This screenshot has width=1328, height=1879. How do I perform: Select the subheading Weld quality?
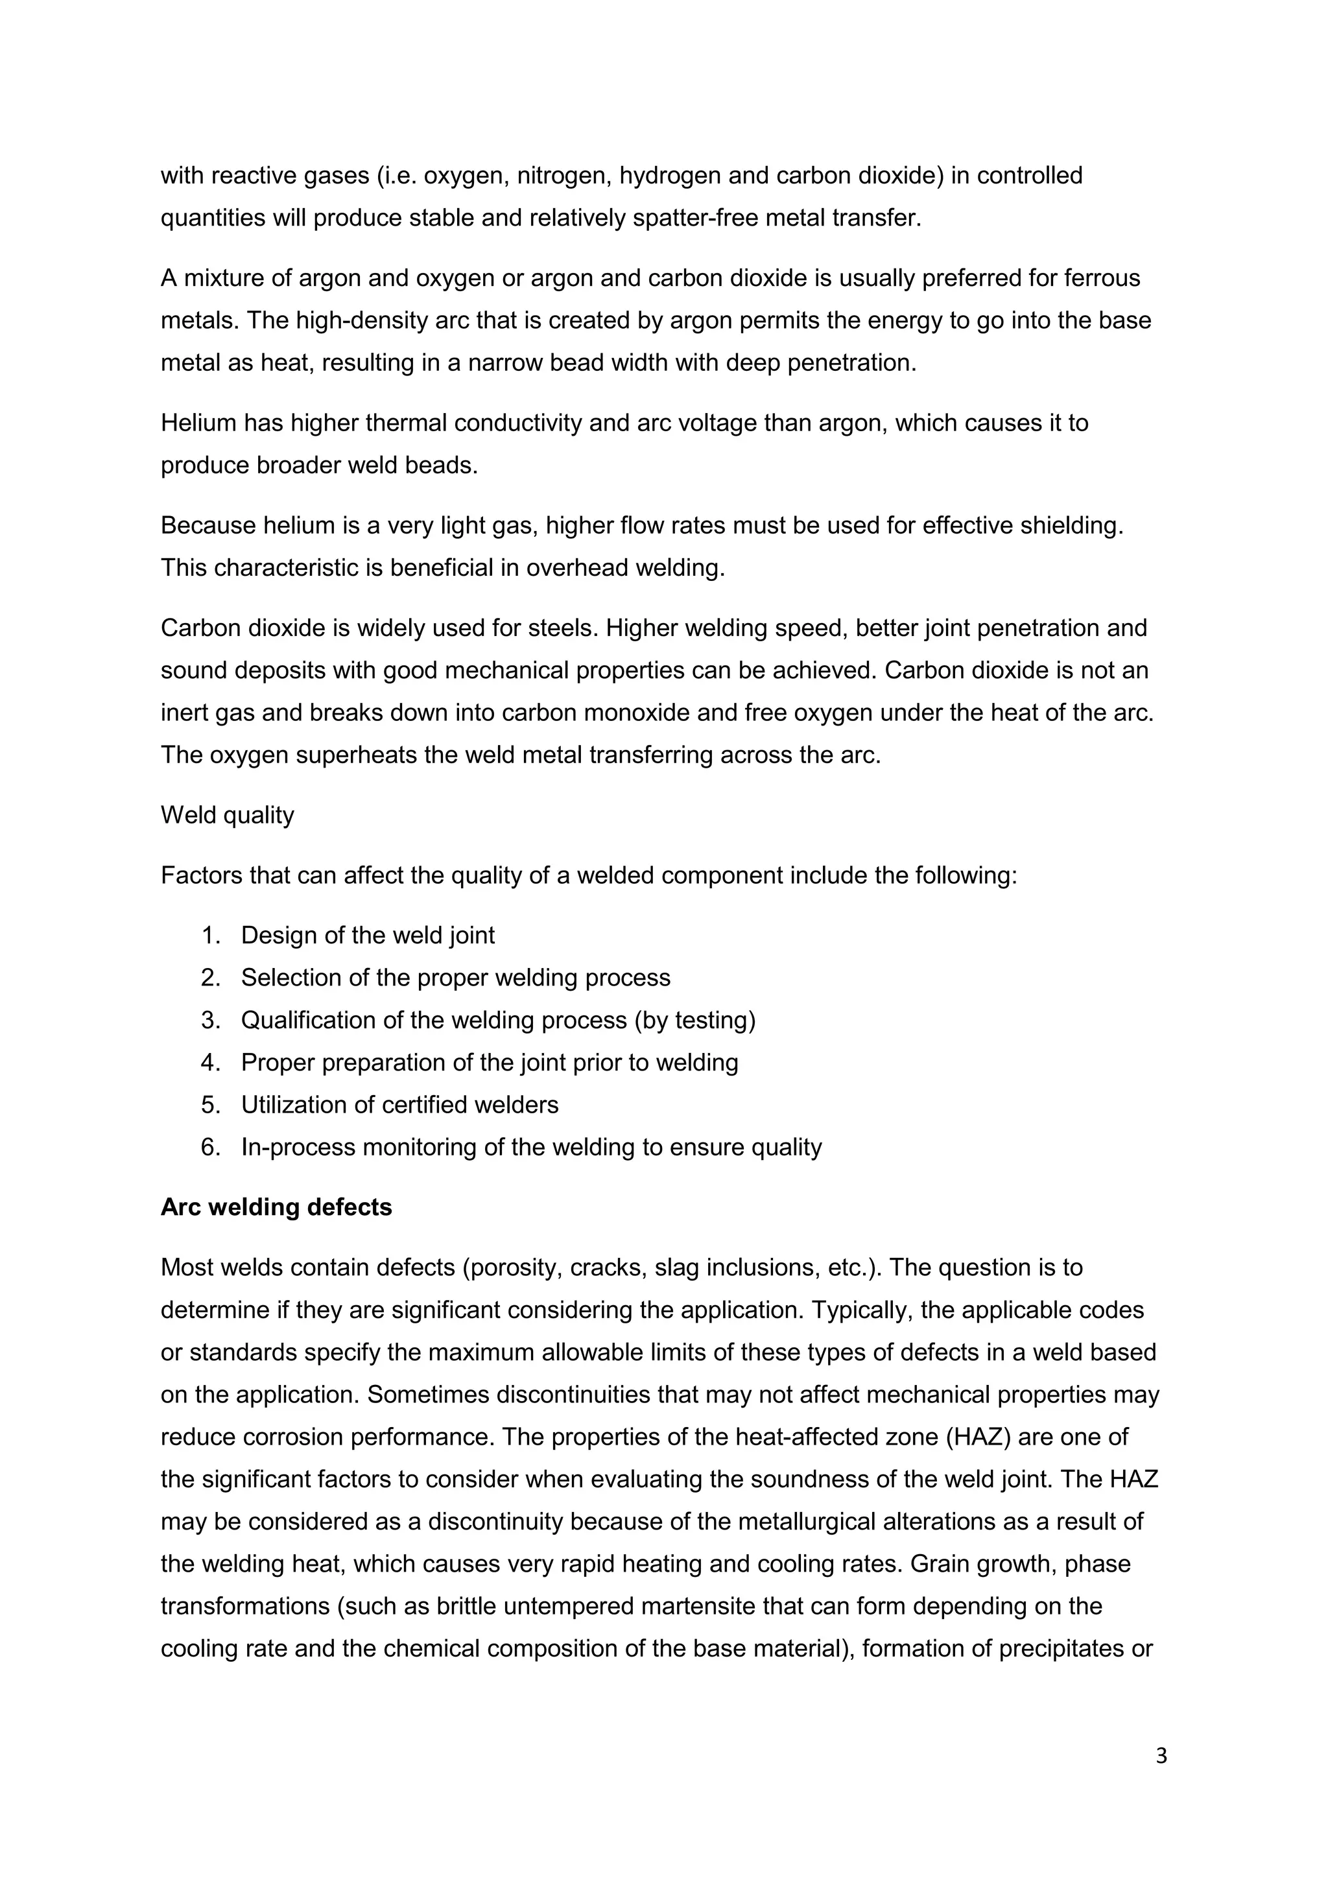227,815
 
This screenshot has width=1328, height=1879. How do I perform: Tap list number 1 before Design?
210,936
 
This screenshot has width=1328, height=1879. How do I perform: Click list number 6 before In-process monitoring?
210,1148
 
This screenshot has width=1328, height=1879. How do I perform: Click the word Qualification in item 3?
301,1021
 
